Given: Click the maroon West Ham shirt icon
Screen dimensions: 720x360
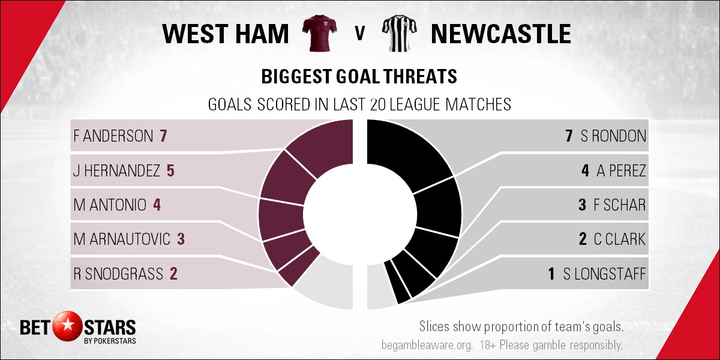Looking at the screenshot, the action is (x=320, y=33).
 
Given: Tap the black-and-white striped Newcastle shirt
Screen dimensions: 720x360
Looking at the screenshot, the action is (x=400, y=33).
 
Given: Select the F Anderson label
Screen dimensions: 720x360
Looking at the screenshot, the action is (x=113, y=136).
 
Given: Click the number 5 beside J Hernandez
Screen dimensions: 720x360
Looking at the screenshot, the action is (x=170, y=170).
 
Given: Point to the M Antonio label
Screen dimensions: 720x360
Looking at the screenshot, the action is (x=110, y=205).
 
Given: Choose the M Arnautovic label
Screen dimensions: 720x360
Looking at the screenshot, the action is (x=122, y=239).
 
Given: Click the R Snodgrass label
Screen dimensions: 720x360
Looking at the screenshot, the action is (x=118, y=274).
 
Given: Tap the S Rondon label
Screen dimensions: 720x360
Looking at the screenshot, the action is (x=613, y=136).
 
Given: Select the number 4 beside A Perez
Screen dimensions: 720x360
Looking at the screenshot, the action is (x=586, y=170).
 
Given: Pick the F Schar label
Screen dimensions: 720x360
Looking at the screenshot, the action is (x=619, y=205).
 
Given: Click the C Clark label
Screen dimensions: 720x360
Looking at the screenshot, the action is (x=619, y=239).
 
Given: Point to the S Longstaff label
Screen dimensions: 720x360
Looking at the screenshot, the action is (x=604, y=274).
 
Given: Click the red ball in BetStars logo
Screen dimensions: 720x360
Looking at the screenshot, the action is (x=68, y=326).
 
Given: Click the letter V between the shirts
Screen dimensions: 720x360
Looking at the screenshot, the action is (x=360, y=33).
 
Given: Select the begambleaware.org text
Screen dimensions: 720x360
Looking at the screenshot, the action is (x=427, y=345).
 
